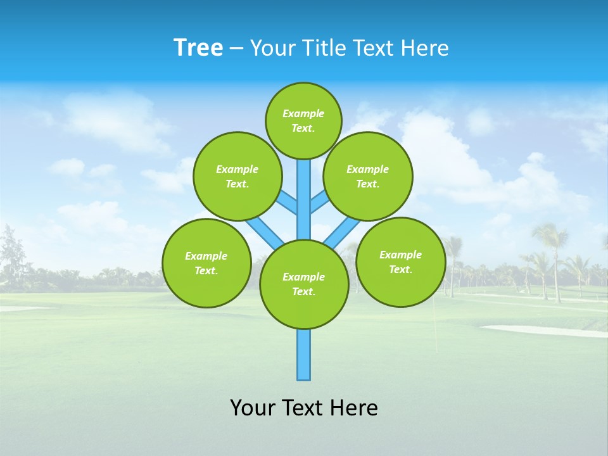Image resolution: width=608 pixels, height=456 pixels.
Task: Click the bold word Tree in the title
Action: coord(198,48)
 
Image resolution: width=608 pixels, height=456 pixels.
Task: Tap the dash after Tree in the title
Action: coord(236,49)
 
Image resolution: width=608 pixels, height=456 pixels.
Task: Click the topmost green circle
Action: coord(303,120)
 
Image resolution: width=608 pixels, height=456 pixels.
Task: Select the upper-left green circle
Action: coord(237,176)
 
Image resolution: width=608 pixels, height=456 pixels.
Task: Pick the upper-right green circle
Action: coord(368,176)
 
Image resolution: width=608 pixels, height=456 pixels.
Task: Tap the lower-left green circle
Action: coord(206,263)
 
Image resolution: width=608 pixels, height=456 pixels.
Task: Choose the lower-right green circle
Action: coord(401,262)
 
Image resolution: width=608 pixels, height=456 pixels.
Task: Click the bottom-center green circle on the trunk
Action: coord(304,284)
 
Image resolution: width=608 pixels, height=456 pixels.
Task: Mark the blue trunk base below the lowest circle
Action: coord(304,355)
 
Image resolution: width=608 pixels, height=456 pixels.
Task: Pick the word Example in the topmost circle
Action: coord(303,113)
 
